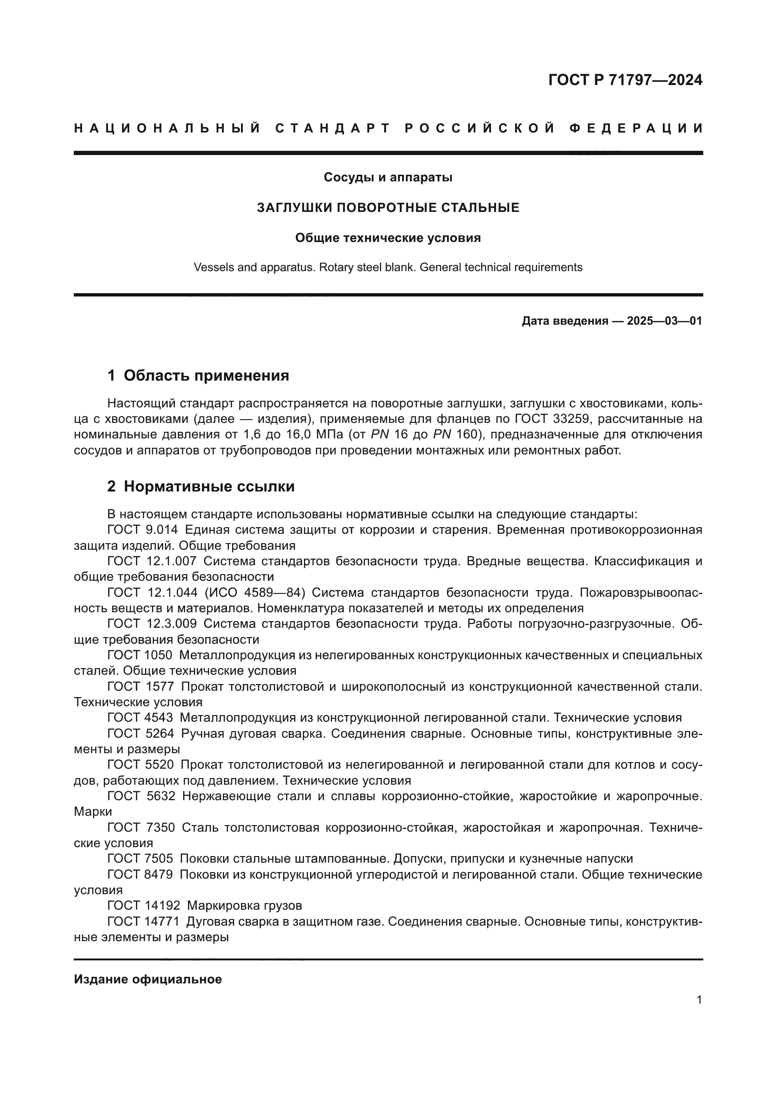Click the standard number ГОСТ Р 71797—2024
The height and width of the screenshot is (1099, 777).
[625, 80]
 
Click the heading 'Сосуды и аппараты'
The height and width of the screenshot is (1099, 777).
[388, 177]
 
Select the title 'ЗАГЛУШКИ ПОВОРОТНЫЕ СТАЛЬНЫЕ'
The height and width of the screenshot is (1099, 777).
[388, 208]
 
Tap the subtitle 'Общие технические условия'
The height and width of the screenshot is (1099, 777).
[388, 238]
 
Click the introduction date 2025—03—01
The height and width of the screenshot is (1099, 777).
[664, 321]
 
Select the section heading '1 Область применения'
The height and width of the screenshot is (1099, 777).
[198, 375]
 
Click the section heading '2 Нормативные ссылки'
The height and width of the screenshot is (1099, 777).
[201, 486]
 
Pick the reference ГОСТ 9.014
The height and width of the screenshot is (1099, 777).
[143, 530]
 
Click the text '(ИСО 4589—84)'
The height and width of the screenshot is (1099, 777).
[255, 592]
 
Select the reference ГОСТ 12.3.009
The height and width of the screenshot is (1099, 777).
[152, 624]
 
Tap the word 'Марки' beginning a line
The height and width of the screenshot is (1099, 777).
[93, 811]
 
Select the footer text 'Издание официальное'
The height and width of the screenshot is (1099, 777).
[148, 979]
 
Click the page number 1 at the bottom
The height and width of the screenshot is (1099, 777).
[699, 1000]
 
